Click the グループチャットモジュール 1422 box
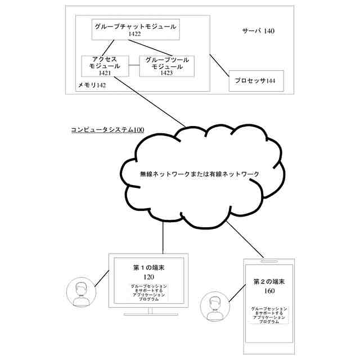click(x=135, y=29)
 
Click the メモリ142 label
click(x=92, y=85)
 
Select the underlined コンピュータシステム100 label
click(x=107, y=130)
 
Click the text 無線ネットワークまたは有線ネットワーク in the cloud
click(x=200, y=174)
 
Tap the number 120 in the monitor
click(x=148, y=277)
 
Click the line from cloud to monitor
click(x=163, y=236)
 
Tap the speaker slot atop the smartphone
click(x=270, y=261)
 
